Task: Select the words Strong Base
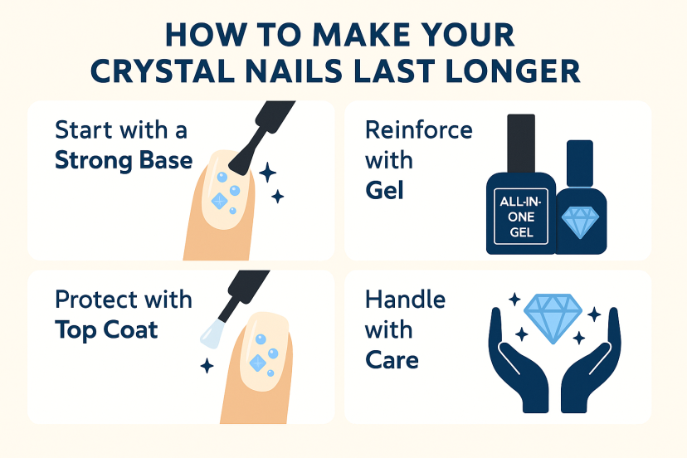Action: coord(124,161)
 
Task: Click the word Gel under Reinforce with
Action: coord(384,190)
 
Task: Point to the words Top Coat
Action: coord(106,330)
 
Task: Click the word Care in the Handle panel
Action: coord(392,360)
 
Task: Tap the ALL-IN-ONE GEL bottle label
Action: coord(521,217)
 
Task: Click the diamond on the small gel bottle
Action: coord(580,222)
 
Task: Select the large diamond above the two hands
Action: coord(553,319)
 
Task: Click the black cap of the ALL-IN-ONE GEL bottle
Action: coord(521,144)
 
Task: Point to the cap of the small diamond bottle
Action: coord(580,164)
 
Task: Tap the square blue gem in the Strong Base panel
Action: coord(220,201)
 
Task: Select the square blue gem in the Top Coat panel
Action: coord(257,363)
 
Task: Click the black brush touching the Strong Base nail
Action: coord(259,136)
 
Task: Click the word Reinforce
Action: coord(419,130)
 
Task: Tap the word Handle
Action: coord(405,300)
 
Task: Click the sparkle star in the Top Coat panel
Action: coord(207,366)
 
